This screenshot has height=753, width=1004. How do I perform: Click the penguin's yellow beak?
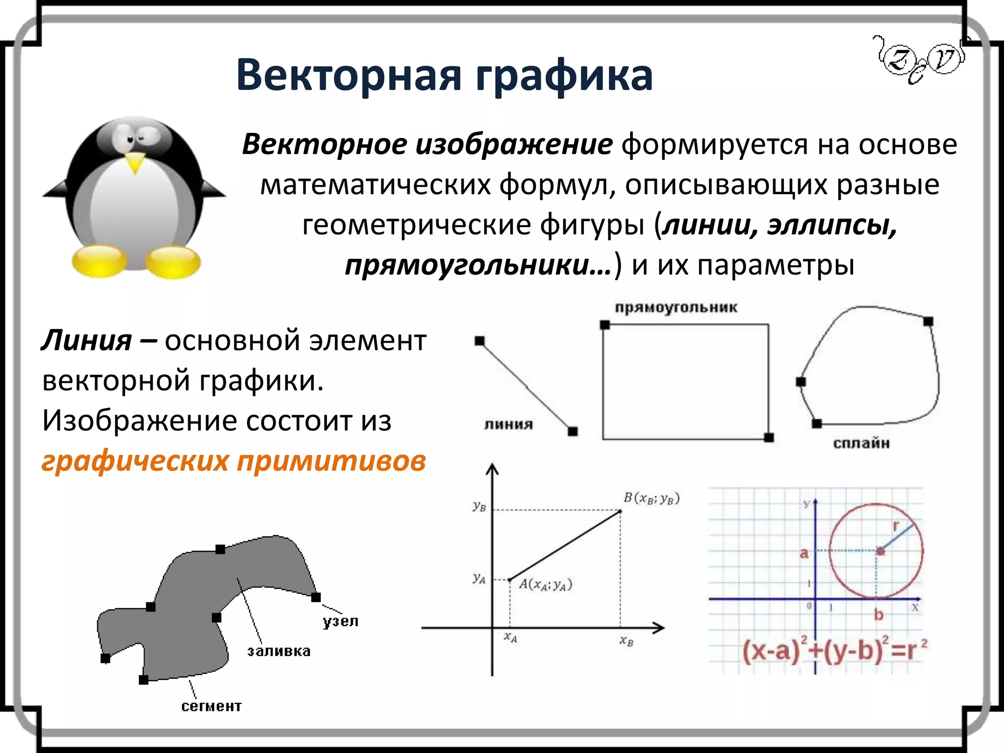[135, 162]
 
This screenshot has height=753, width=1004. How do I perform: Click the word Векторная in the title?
[349, 75]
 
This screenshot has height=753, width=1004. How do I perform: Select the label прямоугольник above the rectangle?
[676, 308]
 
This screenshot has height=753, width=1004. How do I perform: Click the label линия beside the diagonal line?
[508, 425]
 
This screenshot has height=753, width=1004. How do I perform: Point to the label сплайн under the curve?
[861, 444]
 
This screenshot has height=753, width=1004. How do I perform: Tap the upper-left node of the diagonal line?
[479, 341]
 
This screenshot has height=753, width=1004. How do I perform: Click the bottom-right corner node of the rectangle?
[769, 438]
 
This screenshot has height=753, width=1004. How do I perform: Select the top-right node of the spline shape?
[928, 322]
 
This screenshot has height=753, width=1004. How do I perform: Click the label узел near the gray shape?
[341, 622]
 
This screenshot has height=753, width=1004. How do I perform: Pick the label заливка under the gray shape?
[278, 652]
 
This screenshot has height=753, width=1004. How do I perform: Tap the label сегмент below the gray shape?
[211, 706]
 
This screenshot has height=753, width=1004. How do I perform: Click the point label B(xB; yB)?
[652, 499]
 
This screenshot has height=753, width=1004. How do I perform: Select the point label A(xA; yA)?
[546, 584]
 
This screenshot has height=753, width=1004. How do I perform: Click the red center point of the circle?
[880, 551]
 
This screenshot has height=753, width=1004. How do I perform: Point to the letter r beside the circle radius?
[896, 527]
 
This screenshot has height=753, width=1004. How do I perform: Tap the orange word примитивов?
[331, 461]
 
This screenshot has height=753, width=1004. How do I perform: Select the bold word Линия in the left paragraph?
[86, 340]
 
